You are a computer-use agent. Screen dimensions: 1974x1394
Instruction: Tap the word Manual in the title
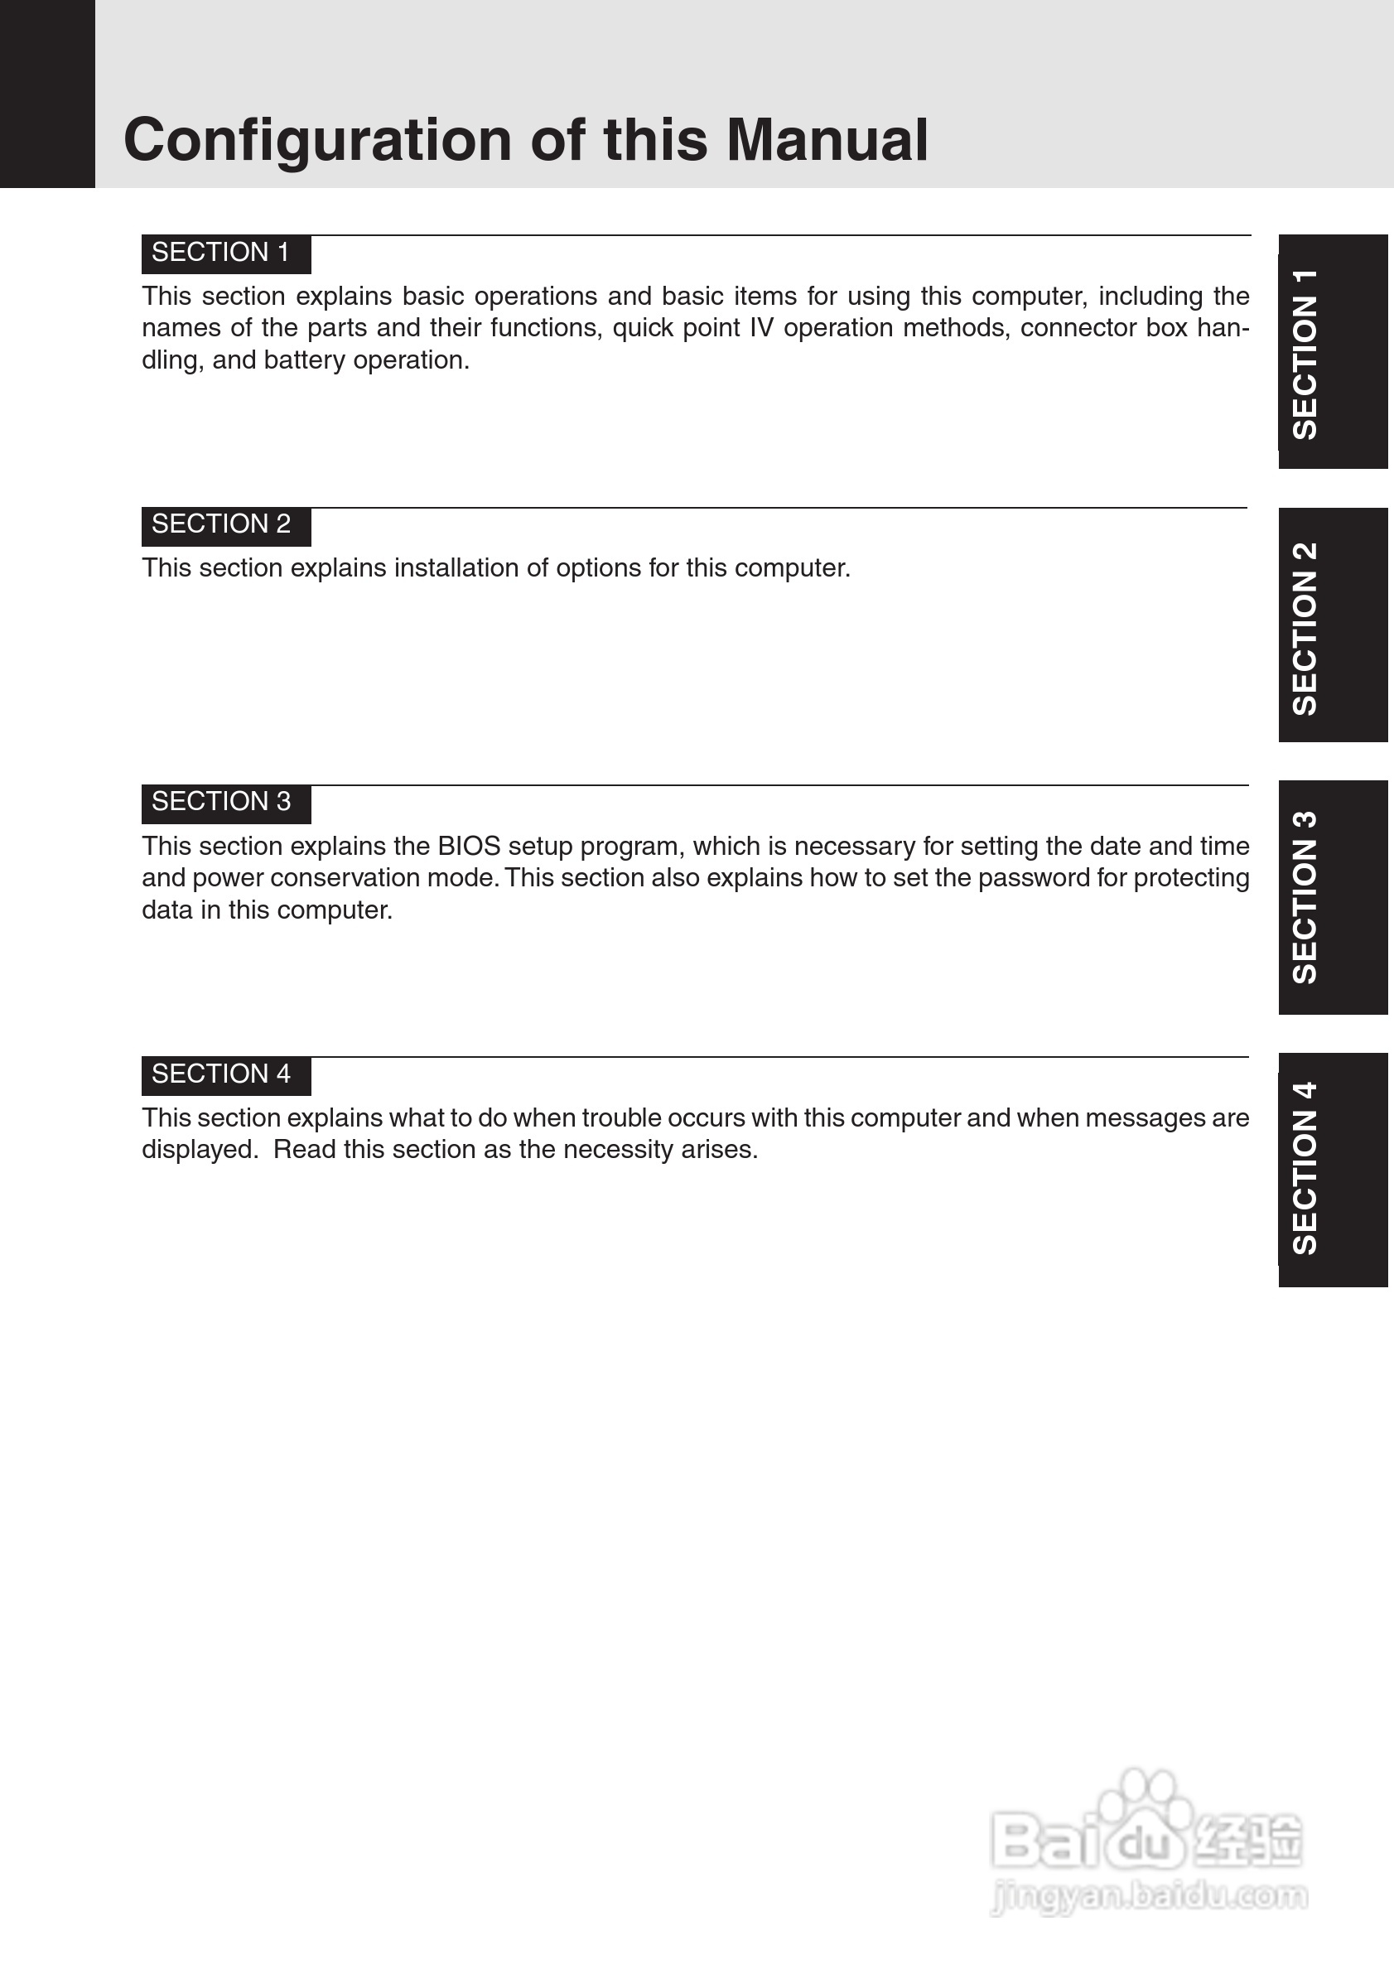coord(827,139)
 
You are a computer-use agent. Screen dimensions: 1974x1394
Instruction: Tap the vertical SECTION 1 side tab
coord(1331,353)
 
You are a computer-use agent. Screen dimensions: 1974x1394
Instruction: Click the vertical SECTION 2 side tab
coord(1331,626)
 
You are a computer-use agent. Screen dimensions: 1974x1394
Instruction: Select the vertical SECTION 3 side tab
coord(1331,898)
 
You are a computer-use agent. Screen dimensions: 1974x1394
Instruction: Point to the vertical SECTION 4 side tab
coord(1331,1170)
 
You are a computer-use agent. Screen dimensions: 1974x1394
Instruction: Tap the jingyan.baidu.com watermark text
coord(1148,1896)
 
